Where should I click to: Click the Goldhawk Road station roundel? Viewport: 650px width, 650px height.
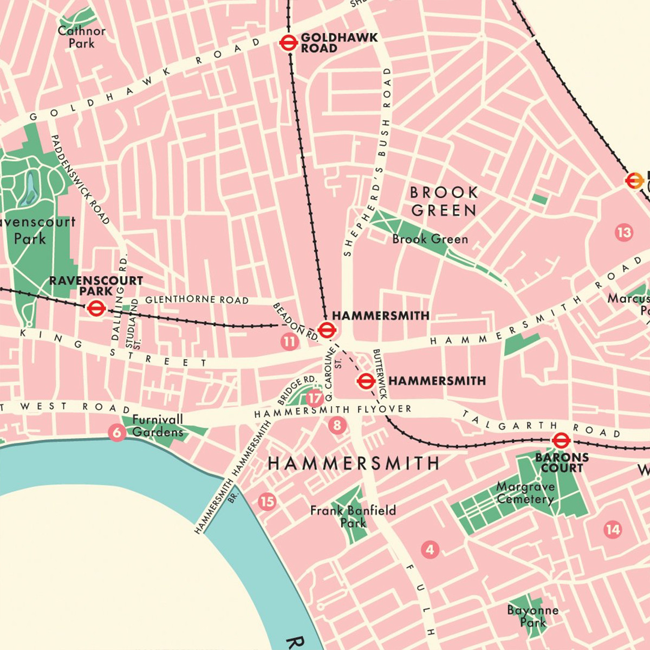point(288,43)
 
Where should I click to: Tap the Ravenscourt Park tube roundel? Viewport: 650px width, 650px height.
point(96,309)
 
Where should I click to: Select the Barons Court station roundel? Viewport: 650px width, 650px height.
point(561,440)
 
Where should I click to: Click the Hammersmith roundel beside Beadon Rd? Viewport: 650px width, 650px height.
point(326,329)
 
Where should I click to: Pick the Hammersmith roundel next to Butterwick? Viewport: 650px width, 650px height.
point(366,381)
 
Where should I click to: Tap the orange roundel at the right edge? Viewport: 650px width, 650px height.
point(634,181)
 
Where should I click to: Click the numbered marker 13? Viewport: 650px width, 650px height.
point(624,232)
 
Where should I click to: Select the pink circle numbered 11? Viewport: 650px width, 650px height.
point(289,342)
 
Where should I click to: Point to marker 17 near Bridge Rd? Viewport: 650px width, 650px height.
point(315,399)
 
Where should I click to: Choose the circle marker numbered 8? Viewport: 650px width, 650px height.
point(337,425)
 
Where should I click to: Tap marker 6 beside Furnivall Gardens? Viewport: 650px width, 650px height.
point(117,432)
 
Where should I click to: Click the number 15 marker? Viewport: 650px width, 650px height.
point(266,502)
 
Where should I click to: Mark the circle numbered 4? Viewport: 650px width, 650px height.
point(430,550)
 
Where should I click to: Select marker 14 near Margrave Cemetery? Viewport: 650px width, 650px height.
point(613,529)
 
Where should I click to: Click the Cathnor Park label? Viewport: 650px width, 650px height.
point(82,37)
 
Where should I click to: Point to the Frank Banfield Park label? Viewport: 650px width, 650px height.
point(353,516)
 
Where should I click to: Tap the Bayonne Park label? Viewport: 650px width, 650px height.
point(533,616)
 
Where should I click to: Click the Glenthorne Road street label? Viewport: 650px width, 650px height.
point(197,300)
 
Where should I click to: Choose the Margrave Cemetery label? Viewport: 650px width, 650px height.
point(525,493)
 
